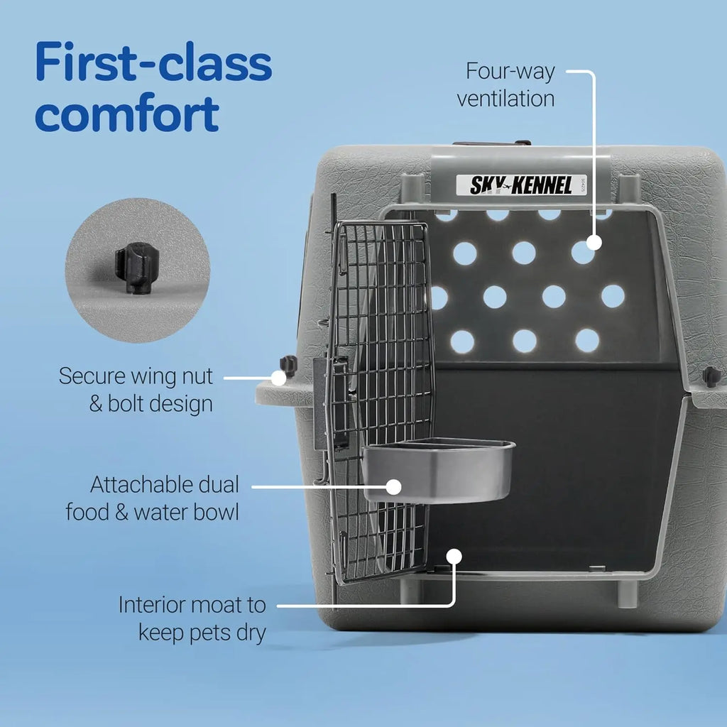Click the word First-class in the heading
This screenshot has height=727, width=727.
click(x=153, y=63)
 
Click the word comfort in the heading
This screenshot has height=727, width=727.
click(x=127, y=114)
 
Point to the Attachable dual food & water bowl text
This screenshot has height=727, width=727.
click(x=153, y=498)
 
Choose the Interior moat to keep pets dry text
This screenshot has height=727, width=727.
click(x=192, y=618)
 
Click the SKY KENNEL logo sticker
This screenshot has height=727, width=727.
click(x=521, y=185)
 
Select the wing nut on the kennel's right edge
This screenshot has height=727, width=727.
click(x=711, y=376)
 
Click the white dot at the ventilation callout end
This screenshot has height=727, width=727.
click(x=594, y=243)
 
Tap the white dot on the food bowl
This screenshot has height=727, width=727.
click(x=393, y=487)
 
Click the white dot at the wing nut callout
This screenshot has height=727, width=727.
click(x=279, y=378)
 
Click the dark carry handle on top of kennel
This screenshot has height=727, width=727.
click(x=491, y=143)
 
